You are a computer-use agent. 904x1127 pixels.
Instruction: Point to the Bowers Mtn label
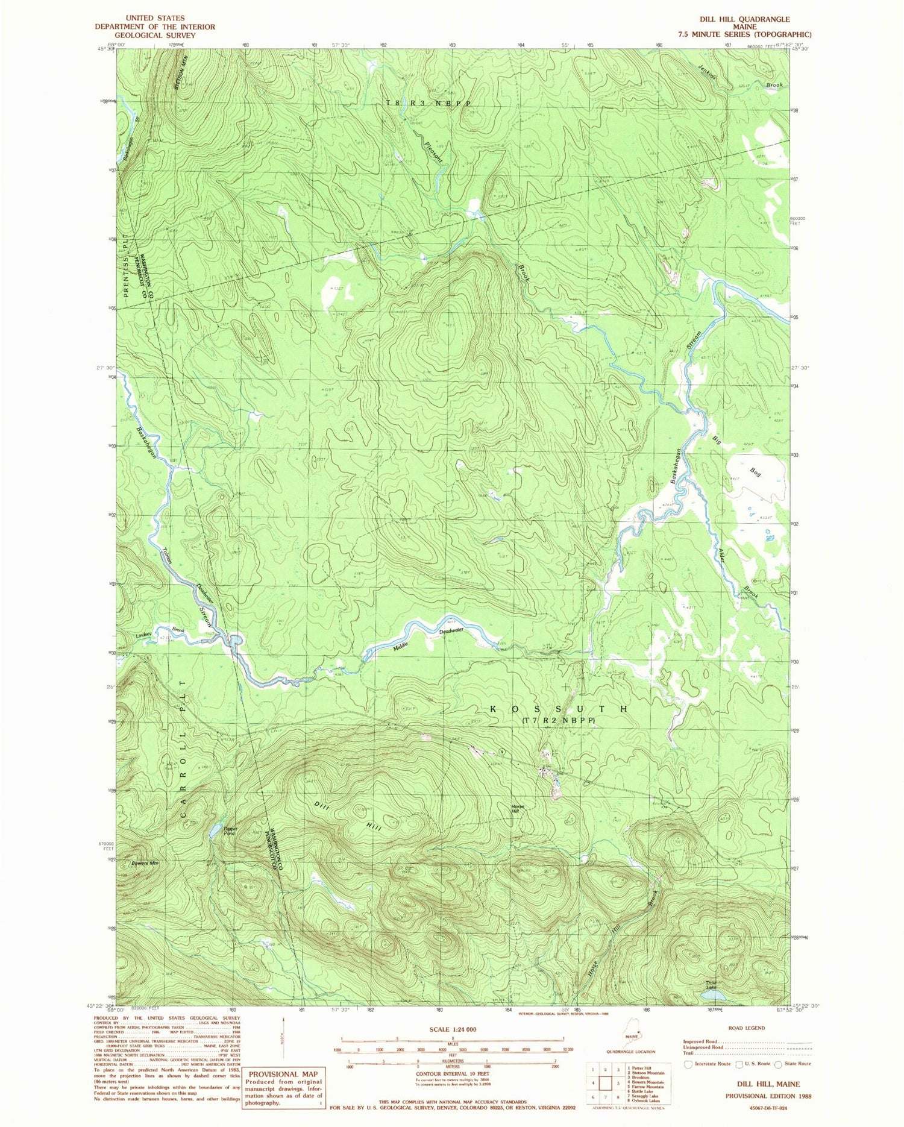[x=145, y=864]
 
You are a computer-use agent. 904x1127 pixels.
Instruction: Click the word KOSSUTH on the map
[x=560, y=709]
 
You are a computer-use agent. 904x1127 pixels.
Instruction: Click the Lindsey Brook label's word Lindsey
[x=144, y=635]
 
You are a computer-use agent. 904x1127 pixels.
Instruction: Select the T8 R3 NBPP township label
[x=427, y=104]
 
